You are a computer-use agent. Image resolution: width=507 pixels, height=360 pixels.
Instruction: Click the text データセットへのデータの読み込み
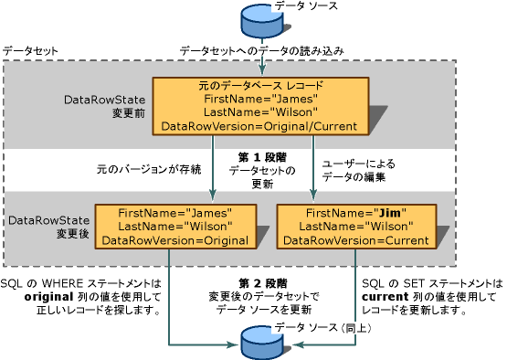(x=261, y=51)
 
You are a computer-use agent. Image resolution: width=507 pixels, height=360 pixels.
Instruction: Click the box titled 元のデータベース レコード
(x=262, y=104)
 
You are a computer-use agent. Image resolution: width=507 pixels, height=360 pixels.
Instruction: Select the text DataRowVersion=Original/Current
(x=262, y=125)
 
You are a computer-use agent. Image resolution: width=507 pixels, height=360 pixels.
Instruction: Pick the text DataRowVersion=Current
(x=353, y=240)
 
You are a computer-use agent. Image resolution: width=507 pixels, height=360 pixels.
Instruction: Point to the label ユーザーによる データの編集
(x=353, y=169)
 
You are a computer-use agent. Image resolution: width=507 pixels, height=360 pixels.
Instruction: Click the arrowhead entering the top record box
(x=262, y=72)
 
